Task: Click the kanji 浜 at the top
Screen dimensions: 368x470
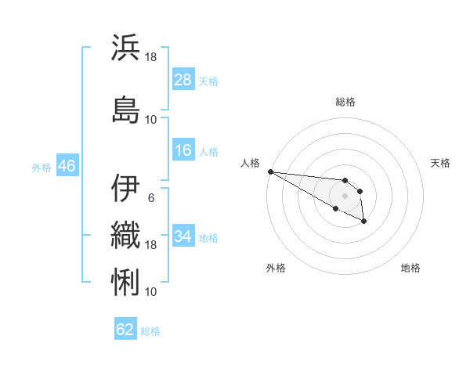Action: click(x=126, y=48)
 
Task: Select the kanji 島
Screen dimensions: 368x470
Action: click(x=126, y=110)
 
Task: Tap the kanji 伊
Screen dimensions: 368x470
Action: click(x=126, y=188)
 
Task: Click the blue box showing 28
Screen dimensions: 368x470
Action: click(x=183, y=80)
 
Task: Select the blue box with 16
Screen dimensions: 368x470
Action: click(x=183, y=150)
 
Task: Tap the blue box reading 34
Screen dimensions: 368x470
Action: click(x=183, y=236)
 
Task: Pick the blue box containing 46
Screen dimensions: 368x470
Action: click(x=66, y=165)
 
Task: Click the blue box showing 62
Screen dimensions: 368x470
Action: click(x=125, y=330)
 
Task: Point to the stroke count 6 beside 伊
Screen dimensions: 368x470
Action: click(x=151, y=197)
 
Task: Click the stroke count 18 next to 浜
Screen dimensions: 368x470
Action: click(x=151, y=57)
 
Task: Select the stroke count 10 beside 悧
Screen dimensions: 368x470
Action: click(x=151, y=291)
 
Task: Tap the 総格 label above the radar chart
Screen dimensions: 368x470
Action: click(x=345, y=102)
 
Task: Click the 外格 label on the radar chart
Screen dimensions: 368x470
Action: click(x=276, y=268)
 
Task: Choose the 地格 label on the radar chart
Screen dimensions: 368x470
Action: click(x=410, y=268)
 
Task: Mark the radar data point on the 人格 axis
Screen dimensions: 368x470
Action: click(x=270, y=171)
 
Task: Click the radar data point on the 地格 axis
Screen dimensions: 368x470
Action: click(x=364, y=222)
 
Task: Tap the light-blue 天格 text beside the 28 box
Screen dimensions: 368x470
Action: click(x=208, y=81)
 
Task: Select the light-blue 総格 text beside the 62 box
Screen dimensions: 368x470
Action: click(x=150, y=330)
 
